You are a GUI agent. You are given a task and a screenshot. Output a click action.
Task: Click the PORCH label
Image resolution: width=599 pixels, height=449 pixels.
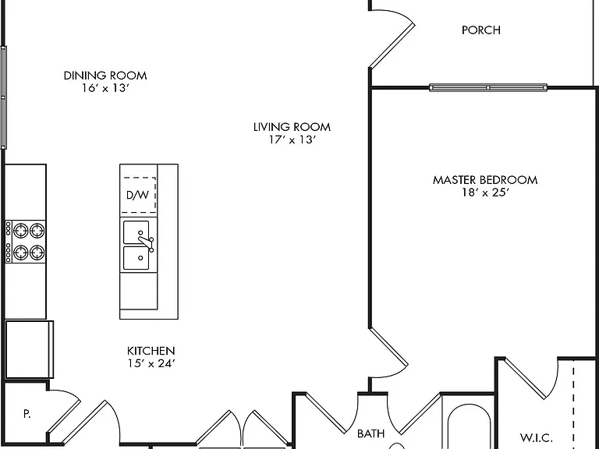click(481, 30)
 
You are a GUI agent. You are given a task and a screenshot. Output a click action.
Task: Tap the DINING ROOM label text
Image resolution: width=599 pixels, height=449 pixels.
click(105, 76)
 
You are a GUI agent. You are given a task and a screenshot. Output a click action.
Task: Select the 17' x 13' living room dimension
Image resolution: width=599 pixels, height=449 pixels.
click(292, 140)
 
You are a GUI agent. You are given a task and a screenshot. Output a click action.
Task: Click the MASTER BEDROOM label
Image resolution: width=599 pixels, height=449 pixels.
click(485, 180)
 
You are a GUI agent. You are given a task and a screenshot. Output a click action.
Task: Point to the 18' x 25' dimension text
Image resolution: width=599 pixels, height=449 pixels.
click(485, 193)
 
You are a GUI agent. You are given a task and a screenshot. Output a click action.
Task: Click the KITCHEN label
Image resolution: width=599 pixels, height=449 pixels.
click(151, 351)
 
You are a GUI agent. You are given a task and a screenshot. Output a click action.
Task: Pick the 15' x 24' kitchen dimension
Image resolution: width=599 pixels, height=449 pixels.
click(151, 363)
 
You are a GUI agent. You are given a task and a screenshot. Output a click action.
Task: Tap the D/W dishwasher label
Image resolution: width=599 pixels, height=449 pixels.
click(137, 195)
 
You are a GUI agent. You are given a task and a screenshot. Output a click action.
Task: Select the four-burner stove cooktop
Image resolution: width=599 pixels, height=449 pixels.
click(25, 242)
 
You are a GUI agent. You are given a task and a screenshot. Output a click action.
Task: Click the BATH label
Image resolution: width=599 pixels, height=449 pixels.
click(370, 433)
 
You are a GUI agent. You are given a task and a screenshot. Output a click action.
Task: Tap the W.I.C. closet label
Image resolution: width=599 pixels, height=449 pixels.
click(537, 437)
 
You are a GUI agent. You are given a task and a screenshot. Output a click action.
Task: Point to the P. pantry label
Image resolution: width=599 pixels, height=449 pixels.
click(27, 413)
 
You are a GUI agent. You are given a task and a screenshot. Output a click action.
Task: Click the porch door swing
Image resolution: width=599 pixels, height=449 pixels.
click(392, 39)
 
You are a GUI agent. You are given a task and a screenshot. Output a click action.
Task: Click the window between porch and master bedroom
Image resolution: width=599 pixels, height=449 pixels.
click(488, 87)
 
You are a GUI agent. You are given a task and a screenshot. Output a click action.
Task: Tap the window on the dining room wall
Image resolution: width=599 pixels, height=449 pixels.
click(3, 97)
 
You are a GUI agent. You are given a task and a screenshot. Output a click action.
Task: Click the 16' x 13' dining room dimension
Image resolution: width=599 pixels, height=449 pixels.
click(105, 88)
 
